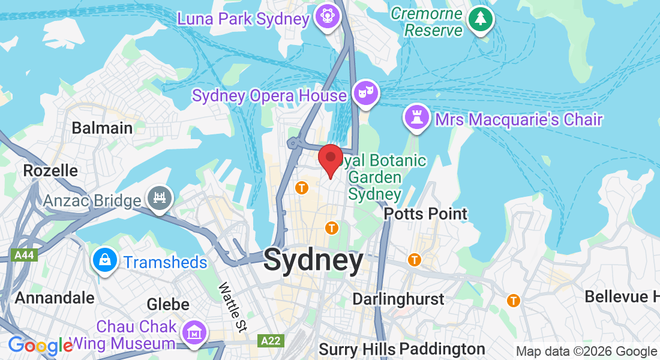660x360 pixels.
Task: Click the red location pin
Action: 330,159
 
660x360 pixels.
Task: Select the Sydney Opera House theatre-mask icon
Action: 365,93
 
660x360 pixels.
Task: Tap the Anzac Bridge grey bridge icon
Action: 159,197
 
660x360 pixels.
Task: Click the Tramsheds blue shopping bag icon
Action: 105,260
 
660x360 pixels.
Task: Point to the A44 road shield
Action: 24,256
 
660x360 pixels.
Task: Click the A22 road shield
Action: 271,341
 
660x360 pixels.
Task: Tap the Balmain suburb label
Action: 102,128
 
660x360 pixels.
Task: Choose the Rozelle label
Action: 50,170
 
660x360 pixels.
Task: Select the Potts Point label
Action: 425,214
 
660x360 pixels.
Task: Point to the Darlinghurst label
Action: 398,299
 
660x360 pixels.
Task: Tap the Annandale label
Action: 55,298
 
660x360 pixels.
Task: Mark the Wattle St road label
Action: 233,308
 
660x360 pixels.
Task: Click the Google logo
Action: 40,346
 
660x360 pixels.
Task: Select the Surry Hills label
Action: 357,349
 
